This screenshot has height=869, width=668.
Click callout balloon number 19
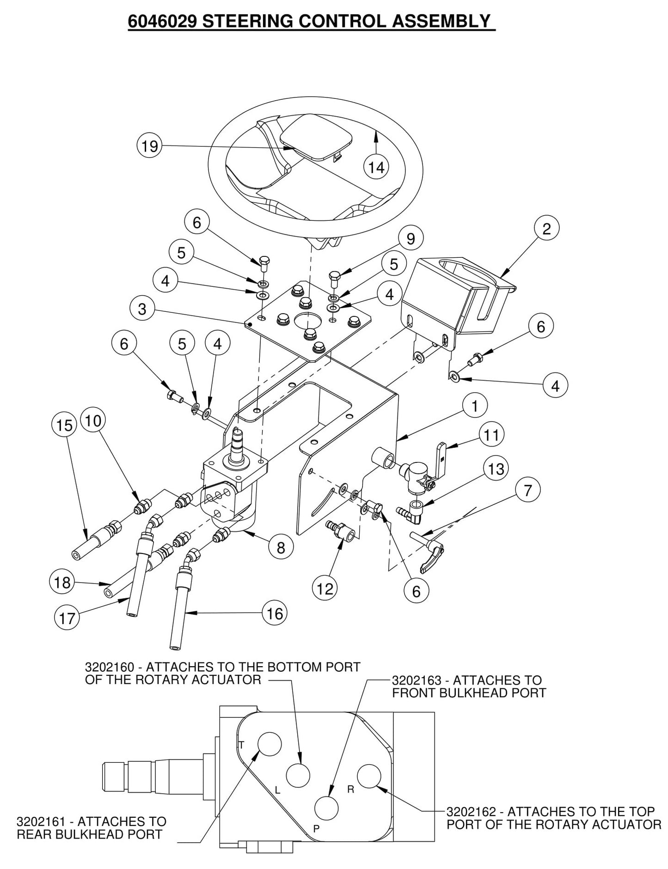(150, 146)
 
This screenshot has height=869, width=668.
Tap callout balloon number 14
(376, 167)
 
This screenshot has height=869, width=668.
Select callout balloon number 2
(546, 228)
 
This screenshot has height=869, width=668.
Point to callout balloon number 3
(142, 309)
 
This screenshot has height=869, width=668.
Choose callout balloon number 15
(64, 425)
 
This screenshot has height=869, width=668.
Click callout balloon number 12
(325, 588)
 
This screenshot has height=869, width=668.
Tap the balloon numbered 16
(275, 614)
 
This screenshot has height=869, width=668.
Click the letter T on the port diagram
(241, 744)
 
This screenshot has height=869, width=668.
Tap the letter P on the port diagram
(316, 828)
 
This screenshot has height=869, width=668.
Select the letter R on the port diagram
(350, 789)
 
